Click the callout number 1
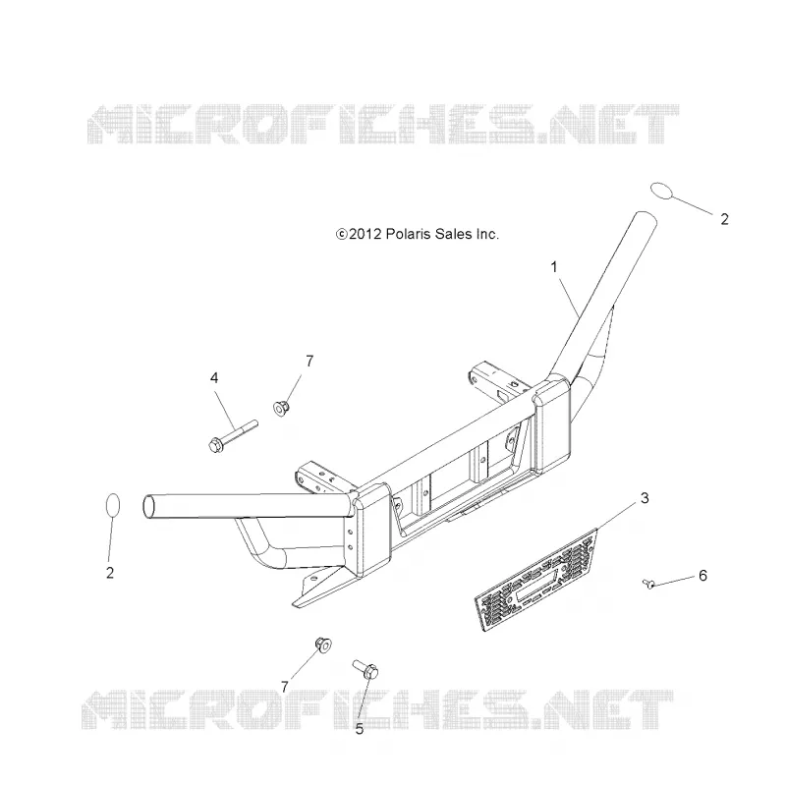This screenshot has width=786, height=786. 554,267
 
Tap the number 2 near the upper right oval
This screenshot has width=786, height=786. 724,219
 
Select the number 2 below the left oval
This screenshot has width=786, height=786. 110,573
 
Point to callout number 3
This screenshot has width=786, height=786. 645,498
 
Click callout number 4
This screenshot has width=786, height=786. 214,378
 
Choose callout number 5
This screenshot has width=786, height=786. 359,729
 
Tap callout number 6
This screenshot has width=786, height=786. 702,576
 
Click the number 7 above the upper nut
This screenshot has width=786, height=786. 309,361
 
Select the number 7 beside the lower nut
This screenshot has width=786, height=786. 285,687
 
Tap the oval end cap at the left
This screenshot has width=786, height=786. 113,505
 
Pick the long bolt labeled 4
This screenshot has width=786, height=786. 233,436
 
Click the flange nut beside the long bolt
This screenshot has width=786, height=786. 281,408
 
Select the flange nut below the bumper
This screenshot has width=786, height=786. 323,645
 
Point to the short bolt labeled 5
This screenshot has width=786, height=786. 365,669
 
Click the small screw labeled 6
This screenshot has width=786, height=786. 648,583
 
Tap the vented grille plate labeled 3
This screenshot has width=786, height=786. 535,580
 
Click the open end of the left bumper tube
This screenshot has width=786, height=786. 149,506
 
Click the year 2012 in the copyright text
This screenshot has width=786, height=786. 365,234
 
